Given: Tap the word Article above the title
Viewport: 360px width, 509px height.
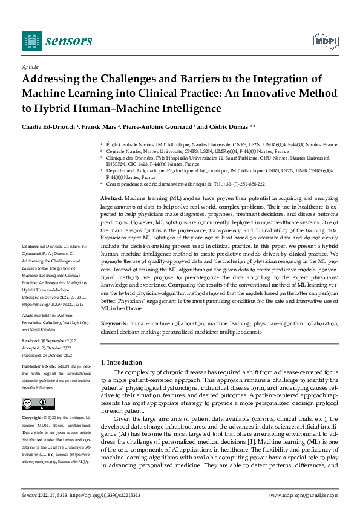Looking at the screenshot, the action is click(x=30, y=66).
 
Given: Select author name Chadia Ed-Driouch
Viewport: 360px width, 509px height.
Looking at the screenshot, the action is click(x=48, y=126).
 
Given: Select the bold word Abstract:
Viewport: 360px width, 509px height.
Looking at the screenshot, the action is click(x=111, y=199).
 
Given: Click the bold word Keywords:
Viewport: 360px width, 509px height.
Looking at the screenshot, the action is click(x=114, y=325).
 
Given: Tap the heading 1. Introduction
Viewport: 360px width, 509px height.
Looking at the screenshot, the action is click(x=122, y=362).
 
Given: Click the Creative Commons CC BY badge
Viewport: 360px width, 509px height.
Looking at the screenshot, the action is click(x=34, y=404).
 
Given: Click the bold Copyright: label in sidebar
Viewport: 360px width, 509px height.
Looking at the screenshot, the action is click(x=31, y=418).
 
